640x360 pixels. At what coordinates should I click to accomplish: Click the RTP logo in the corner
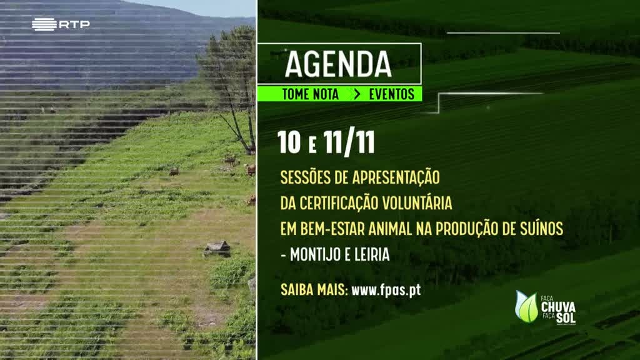pos(61,24)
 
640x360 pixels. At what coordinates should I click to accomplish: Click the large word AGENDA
pos(338,64)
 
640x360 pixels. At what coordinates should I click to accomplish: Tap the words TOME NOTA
pos(310,94)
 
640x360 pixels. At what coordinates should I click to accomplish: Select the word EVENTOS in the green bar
pos(391,94)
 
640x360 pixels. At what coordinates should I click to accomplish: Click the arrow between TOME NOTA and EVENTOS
pos(357,94)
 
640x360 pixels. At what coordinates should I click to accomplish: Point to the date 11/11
pos(349,143)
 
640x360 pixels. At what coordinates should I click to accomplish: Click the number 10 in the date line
pos(289,142)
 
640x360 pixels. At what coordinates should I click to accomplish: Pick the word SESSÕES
pos(305,177)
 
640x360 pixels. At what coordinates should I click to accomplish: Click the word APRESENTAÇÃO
pos(396,177)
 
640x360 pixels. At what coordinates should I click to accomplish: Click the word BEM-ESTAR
pos(332,229)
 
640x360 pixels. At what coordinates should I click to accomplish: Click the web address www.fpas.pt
pos(386,290)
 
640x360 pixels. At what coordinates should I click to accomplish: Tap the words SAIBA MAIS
pos(314,290)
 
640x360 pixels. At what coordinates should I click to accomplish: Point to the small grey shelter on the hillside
pos(217,248)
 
